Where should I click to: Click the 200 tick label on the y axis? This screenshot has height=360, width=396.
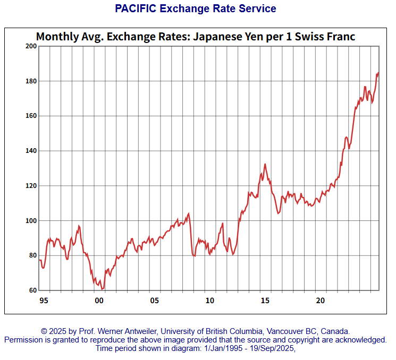(30, 46)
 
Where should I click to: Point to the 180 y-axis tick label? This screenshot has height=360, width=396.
(30, 81)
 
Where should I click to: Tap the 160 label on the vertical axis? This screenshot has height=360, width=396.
(30, 116)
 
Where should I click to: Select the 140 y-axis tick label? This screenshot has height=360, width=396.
(30, 151)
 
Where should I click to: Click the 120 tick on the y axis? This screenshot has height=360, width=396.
(30, 186)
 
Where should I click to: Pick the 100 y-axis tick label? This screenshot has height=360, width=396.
(30, 220)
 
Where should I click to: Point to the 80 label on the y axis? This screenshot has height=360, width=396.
(32, 255)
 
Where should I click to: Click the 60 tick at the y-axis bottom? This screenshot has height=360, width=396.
(32, 290)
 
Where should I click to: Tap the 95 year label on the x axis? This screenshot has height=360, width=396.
(44, 301)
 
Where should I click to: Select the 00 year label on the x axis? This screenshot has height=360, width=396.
(99, 301)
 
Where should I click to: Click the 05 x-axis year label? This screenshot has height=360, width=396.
(154, 301)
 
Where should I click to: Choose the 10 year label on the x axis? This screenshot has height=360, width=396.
(210, 301)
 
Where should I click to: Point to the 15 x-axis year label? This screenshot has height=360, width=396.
(265, 301)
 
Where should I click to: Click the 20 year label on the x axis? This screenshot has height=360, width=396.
(321, 301)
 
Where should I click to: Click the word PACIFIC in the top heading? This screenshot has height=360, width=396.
(135, 8)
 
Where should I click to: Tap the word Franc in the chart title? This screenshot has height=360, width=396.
(339, 37)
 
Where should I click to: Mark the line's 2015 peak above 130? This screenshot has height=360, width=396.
(265, 164)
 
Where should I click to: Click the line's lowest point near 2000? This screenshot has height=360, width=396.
(103, 289)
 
